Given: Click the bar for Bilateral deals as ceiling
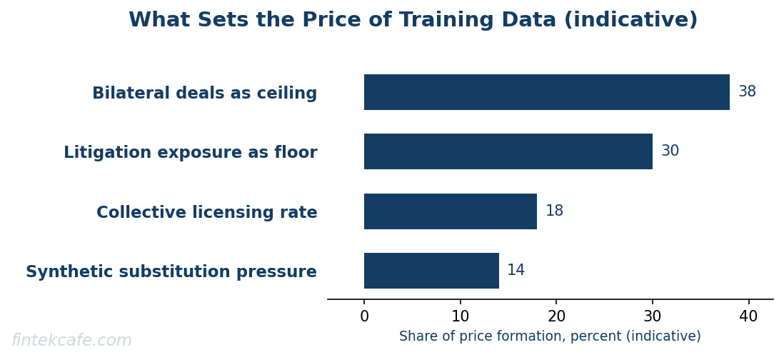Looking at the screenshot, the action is tap(546, 92).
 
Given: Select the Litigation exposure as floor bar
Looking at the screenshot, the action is tap(508, 151).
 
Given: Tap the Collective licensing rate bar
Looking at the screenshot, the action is tap(451, 211).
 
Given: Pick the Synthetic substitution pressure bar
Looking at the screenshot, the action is tap(431, 271).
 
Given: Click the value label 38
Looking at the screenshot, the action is tap(747, 92).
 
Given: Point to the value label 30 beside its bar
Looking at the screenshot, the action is tap(670, 151).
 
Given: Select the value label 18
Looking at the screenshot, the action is tap(555, 211).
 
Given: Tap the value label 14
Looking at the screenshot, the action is tap(516, 270).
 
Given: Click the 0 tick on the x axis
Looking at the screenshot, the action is tap(364, 316).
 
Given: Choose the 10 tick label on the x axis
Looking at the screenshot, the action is tap(460, 316).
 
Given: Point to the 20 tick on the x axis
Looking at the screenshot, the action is tap(556, 316).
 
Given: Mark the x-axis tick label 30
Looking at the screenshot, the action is tap(653, 316).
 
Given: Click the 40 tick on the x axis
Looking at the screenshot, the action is tap(748, 316).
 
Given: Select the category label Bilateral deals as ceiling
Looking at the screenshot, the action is tap(204, 93).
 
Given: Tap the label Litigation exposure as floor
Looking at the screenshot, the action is tap(191, 153).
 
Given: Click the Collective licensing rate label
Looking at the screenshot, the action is tap(207, 213).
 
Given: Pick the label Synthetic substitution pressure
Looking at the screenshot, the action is tap(171, 271).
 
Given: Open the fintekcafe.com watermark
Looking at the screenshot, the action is tap(71, 341).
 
